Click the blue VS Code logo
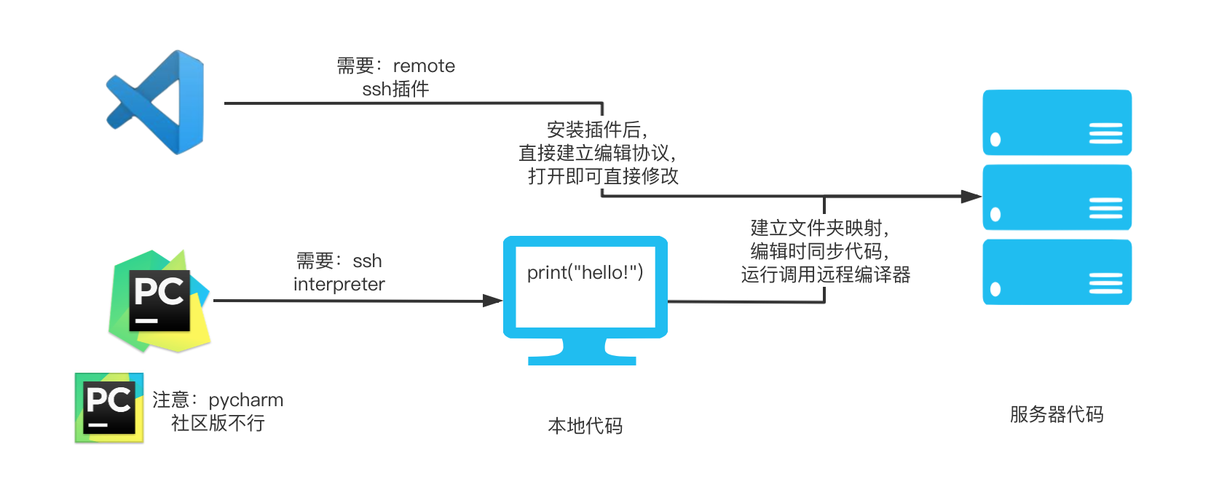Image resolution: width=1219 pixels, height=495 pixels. point(156,102)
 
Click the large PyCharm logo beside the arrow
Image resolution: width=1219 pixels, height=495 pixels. point(159,301)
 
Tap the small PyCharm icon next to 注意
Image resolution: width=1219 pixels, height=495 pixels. point(109,408)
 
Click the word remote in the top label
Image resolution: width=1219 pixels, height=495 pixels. point(424,66)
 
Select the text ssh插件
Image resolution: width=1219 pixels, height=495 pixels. point(395,90)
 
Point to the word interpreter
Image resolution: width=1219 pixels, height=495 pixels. point(339,285)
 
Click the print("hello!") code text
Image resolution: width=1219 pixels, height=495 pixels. point(585,273)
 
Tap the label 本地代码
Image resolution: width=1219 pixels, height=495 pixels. point(585,426)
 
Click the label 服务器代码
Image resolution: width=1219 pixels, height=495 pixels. point(1056,415)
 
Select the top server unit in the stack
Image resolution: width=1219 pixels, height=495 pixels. point(1057,122)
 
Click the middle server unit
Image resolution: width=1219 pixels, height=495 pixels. point(1057,197)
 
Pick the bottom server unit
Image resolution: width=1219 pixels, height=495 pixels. point(1057,272)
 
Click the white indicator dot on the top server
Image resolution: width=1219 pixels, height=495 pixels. point(995,140)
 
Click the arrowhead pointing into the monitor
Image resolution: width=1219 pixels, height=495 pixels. point(493,301)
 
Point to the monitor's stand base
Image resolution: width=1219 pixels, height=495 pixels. point(582,360)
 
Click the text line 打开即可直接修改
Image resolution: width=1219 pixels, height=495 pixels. point(603,176)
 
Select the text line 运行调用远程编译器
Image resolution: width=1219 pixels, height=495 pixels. point(826,275)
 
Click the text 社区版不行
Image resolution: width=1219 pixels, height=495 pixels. point(218,424)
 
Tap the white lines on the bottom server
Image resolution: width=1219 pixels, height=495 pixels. point(1105,283)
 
